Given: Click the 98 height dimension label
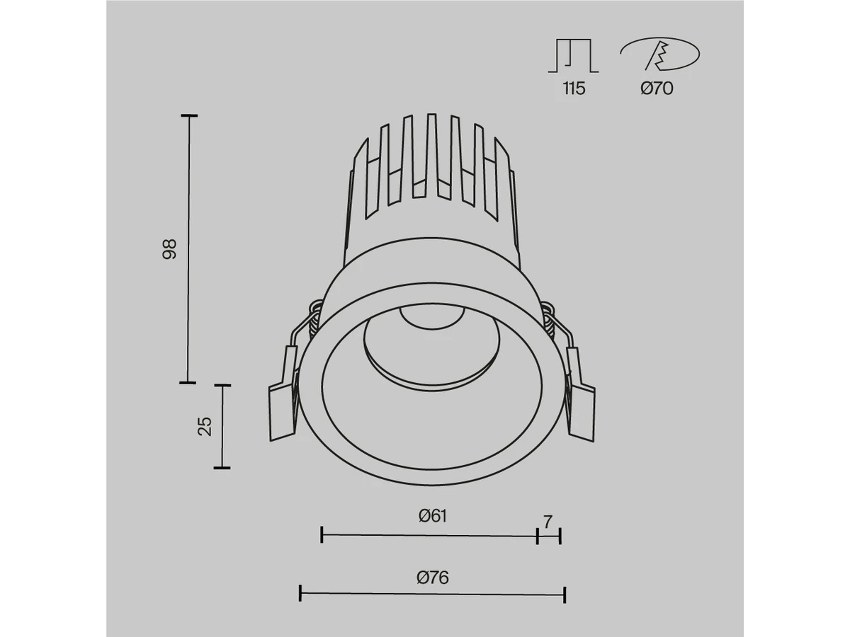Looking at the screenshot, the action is (169, 249).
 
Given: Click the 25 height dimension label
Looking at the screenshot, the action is (205, 427).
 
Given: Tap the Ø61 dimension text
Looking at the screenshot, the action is (433, 516).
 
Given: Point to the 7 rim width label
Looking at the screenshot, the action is (548, 522).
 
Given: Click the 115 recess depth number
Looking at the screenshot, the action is (574, 88).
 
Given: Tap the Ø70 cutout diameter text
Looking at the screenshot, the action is (657, 88).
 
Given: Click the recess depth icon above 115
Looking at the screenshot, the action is (574, 56).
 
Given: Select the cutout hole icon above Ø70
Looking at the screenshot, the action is (660, 54).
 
